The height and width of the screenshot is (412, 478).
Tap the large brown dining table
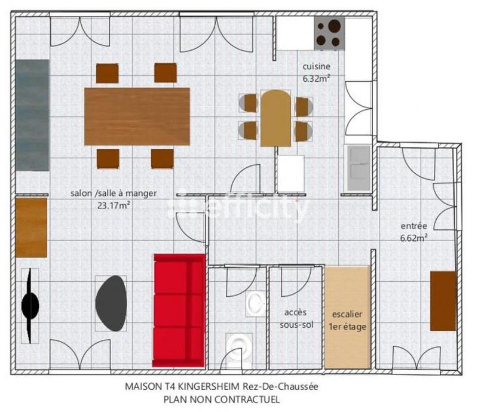(137, 116)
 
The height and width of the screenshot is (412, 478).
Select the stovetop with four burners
(329, 33)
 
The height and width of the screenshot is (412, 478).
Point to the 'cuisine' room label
(316, 67)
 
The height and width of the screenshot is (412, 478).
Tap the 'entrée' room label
(413, 226)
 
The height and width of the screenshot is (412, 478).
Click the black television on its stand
(30, 305)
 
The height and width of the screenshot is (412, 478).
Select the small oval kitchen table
(275, 118)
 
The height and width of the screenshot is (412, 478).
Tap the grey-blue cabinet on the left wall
(32, 115)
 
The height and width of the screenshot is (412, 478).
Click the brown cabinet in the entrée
(443, 300)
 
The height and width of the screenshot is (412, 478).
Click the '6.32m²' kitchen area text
(316, 78)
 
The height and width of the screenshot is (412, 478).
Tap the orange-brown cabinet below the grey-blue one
(31, 227)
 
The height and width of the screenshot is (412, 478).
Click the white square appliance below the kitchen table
(291, 174)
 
